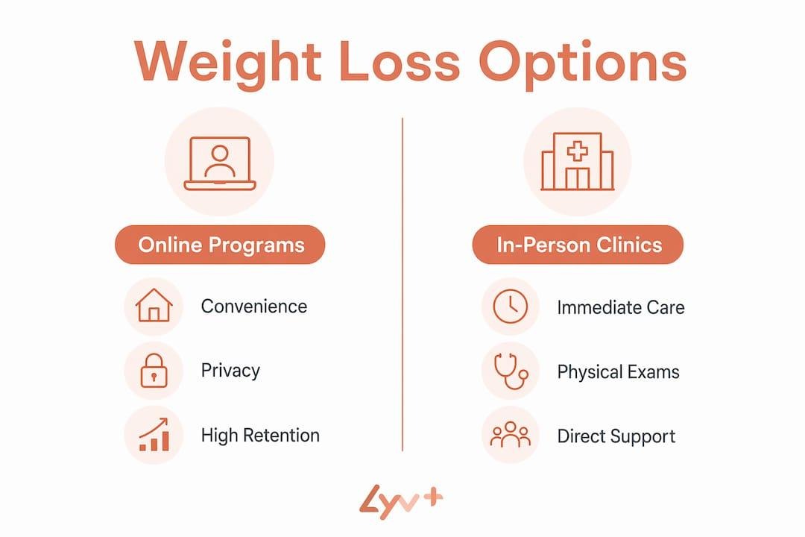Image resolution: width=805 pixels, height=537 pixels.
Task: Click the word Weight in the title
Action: (x=227, y=62)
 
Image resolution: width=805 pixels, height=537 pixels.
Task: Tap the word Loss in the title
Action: (x=399, y=61)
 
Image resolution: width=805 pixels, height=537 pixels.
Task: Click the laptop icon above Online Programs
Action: (x=220, y=163)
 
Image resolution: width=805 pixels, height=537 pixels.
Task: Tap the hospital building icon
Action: (x=578, y=161)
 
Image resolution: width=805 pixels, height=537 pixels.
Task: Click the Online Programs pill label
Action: (x=220, y=245)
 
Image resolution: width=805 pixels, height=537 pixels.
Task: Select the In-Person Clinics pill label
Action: (x=578, y=245)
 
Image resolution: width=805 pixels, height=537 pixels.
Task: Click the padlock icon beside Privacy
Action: (x=154, y=371)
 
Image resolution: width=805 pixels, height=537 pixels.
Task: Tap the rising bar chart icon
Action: (x=154, y=435)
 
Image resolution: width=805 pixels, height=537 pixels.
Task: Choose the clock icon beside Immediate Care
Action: (x=511, y=307)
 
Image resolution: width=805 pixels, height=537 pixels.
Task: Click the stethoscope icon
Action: (x=511, y=371)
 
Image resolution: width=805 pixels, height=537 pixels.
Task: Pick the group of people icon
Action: (x=511, y=435)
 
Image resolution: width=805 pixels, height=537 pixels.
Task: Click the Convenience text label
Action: (x=254, y=307)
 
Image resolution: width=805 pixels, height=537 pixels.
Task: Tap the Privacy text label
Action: (x=230, y=371)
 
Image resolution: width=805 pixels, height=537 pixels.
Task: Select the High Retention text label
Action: (x=260, y=436)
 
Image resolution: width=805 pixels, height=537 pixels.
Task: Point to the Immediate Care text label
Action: (x=621, y=307)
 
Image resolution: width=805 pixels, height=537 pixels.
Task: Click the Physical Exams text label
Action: (x=618, y=371)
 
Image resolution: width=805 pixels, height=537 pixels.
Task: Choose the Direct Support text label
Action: (x=616, y=436)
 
